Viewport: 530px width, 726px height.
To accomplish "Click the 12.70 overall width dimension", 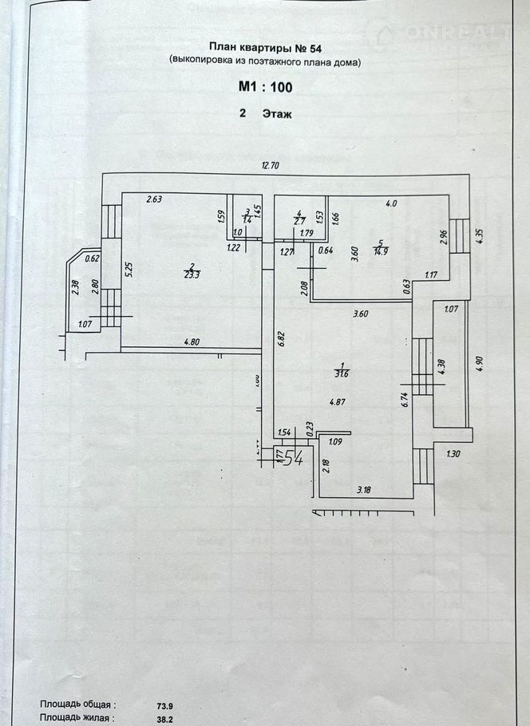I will (x=276, y=166).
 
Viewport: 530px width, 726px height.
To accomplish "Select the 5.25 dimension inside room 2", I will (x=128, y=271).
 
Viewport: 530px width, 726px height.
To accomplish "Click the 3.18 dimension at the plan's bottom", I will (x=365, y=488).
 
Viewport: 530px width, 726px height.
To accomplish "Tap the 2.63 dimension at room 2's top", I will (x=153, y=199).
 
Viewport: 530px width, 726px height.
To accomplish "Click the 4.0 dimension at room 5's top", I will (x=390, y=203).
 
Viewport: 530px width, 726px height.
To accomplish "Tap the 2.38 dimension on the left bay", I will (x=74, y=288).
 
